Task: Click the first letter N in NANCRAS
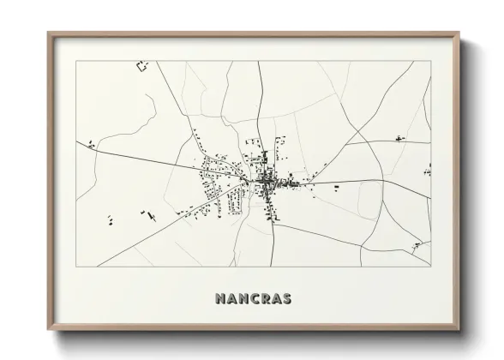tap(213, 299)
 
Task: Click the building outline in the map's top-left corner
tap(142, 65)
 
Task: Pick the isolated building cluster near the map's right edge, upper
tap(399, 138)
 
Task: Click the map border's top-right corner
tap(431, 62)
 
